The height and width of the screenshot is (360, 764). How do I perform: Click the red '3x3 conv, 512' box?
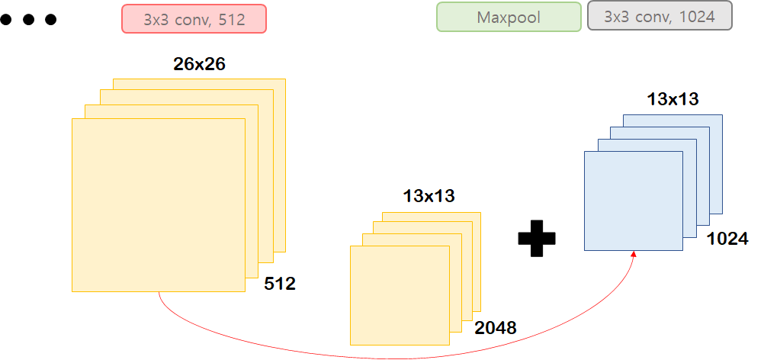(194, 18)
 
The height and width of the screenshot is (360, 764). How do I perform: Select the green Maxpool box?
(509, 17)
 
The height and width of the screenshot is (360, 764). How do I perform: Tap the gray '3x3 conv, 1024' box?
(660, 16)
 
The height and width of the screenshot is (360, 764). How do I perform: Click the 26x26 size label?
(200, 64)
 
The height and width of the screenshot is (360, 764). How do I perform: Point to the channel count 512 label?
(280, 284)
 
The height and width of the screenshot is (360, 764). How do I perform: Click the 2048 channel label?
(496, 329)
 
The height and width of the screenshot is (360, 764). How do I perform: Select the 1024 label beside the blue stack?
(727, 239)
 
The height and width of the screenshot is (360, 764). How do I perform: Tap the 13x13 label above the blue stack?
(673, 98)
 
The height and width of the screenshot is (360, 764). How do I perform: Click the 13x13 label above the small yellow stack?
(429, 196)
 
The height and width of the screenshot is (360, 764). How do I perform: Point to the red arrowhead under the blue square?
(634, 254)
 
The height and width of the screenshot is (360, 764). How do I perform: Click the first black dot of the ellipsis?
(7, 20)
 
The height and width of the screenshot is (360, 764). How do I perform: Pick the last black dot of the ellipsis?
(50, 20)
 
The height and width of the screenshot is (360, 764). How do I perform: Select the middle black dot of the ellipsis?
(29, 20)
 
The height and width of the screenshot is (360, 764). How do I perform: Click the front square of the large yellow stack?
(158, 204)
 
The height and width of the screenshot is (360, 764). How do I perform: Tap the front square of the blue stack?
(633, 201)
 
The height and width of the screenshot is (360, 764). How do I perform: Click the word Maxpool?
(509, 17)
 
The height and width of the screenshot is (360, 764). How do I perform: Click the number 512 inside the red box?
(231, 19)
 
